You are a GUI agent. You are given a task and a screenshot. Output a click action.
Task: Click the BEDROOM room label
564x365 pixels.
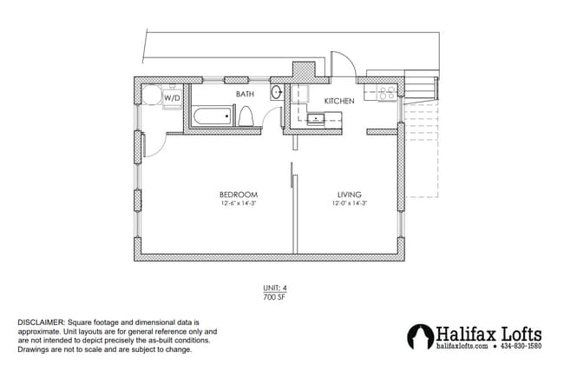(238, 194)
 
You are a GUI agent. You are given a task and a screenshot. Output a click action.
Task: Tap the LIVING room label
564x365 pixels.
(349, 194)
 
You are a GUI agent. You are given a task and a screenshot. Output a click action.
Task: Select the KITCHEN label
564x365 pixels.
(339, 102)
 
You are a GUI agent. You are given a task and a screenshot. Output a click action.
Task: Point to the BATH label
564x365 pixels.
(244, 93)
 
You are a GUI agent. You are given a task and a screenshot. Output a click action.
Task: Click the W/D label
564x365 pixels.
(173, 98)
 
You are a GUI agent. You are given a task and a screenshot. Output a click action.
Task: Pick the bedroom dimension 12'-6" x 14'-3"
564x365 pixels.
(238, 203)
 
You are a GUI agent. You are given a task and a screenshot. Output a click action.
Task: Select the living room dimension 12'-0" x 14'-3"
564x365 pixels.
(349, 203)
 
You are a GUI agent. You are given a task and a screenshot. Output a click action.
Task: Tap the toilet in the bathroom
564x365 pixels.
(246, 116)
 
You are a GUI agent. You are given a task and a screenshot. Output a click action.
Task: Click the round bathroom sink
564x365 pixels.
(277, 92)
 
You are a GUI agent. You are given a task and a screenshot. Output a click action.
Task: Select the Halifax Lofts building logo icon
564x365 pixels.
(421, 337)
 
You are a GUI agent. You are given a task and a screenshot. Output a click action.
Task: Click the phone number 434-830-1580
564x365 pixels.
(521, 347)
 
